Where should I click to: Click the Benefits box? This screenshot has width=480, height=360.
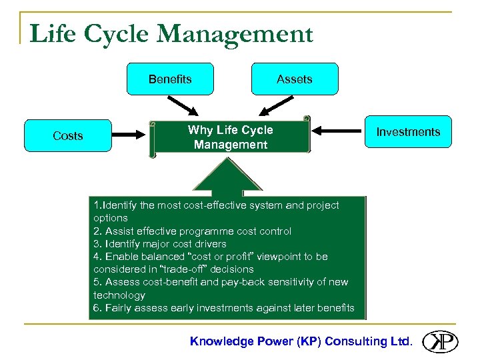(x=170, y=79)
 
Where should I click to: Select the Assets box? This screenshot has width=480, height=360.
(x=294, y=79)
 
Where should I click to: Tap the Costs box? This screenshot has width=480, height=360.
(x=67, y=136)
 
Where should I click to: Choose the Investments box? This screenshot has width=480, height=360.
(x=408, y=132)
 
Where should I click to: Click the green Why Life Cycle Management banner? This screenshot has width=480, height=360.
(x=230, y=137)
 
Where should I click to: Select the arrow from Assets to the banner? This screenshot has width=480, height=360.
(x=276, y=105)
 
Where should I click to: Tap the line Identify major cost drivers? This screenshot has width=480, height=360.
(x=160, y=244)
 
